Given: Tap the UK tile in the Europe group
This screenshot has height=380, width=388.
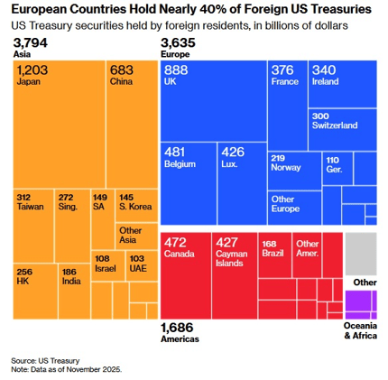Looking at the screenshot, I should pyautogui.click(x=213, y=99).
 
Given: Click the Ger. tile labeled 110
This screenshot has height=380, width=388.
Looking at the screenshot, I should pyautogui.click(x=337, y=166).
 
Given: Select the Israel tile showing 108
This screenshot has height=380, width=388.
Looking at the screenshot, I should pyautogui.click(x=107, y=266).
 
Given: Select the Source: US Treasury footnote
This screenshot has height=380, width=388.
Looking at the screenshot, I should pyautogui.click(x=44, y=358).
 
